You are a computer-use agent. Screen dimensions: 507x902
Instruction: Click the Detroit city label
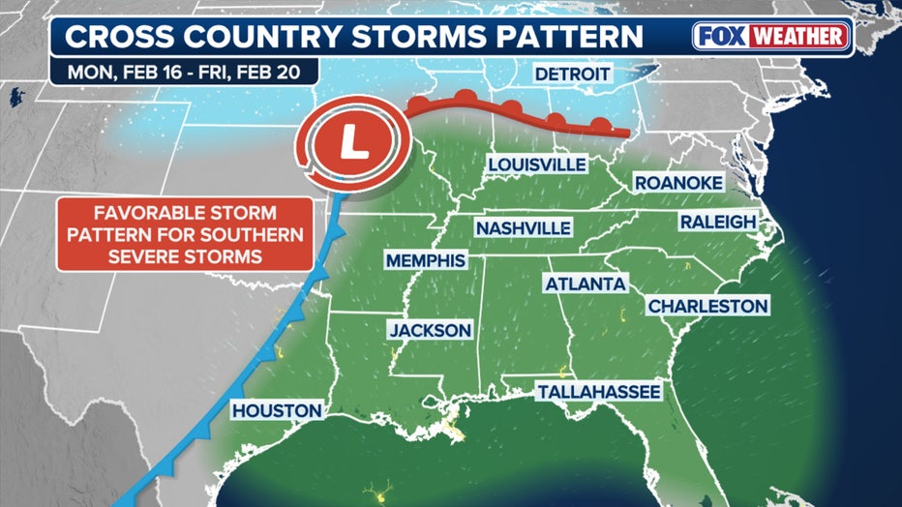(571, 75)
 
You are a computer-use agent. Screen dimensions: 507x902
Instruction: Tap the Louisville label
(536, 164)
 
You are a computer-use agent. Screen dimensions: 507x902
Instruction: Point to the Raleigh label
(717, 222)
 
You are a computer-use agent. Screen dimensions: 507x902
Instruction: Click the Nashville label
(523, 227)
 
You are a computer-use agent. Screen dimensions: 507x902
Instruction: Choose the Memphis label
(426, 260)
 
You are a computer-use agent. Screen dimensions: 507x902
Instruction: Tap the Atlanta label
(586, 284)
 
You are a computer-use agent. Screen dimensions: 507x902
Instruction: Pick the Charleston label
(707, 306)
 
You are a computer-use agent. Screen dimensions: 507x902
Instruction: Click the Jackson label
(430, 330)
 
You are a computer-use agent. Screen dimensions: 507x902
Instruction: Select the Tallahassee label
(600, 392)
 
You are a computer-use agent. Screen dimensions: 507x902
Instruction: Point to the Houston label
(276, 411)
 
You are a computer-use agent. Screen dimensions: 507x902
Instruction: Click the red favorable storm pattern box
(185, 234)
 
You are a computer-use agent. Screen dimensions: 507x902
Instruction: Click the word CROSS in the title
(111, 37)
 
